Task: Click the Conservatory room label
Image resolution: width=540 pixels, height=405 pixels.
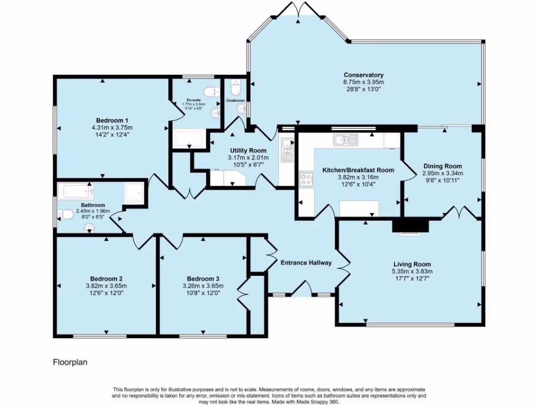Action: [363, 75]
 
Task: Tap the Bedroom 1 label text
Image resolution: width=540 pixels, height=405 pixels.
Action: [112, 120]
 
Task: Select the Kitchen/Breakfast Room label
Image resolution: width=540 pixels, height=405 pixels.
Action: [358, 170]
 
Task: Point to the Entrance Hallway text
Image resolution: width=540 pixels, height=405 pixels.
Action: [305, 263]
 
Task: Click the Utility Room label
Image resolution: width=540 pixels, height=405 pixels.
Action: [248, 150]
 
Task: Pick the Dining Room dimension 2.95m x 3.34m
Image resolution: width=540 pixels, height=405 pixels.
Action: [442, 173]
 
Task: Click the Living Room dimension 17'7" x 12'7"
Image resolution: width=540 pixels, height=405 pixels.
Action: [411, 278]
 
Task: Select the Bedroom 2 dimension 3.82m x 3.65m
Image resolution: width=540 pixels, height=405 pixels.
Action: [106, 286]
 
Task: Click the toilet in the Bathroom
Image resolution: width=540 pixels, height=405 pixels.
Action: [65, 214]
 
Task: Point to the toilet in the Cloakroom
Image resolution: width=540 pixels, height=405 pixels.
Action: [235, 84]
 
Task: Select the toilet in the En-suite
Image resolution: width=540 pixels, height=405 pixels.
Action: [211, 92]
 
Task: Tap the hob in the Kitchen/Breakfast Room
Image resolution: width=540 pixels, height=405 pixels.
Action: [306, 180]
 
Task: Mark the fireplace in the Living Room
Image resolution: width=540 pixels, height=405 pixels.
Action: [410, 227]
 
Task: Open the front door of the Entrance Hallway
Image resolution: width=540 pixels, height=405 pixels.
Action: [301, 288]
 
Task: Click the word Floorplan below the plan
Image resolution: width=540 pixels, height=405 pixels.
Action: [70, 362]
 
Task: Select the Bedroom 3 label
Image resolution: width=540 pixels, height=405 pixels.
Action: [202, 278]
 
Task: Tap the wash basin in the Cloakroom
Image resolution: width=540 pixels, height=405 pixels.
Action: [242, 109]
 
